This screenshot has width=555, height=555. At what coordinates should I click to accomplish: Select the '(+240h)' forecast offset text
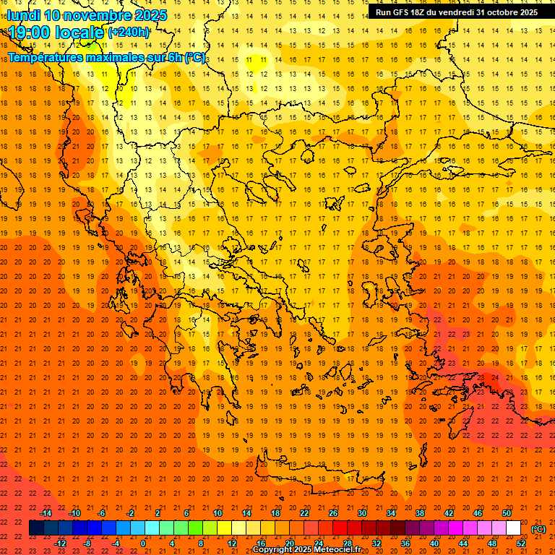[128, 33]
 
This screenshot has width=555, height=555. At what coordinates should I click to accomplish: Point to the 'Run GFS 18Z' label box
[456, 12]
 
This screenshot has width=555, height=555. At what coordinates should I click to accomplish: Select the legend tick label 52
[521, 543]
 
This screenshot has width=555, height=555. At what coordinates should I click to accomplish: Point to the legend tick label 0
[143, 543]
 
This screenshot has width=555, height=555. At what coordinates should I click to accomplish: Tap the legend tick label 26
[333, 513]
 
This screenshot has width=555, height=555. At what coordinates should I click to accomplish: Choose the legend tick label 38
[420, 513]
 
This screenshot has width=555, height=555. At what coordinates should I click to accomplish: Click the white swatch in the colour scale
[514, 528]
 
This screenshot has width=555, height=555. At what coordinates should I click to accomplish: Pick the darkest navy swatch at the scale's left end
[36, 528]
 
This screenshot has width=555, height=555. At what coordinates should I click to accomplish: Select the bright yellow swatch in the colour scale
[225, 528]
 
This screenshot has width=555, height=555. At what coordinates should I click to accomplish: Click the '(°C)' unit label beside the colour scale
[538, 528]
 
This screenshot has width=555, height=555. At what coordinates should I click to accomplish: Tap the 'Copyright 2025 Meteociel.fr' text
[311, 550]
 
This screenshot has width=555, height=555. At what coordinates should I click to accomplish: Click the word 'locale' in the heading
[80, 33]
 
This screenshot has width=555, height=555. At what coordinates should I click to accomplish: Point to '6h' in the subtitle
[174, 57]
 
